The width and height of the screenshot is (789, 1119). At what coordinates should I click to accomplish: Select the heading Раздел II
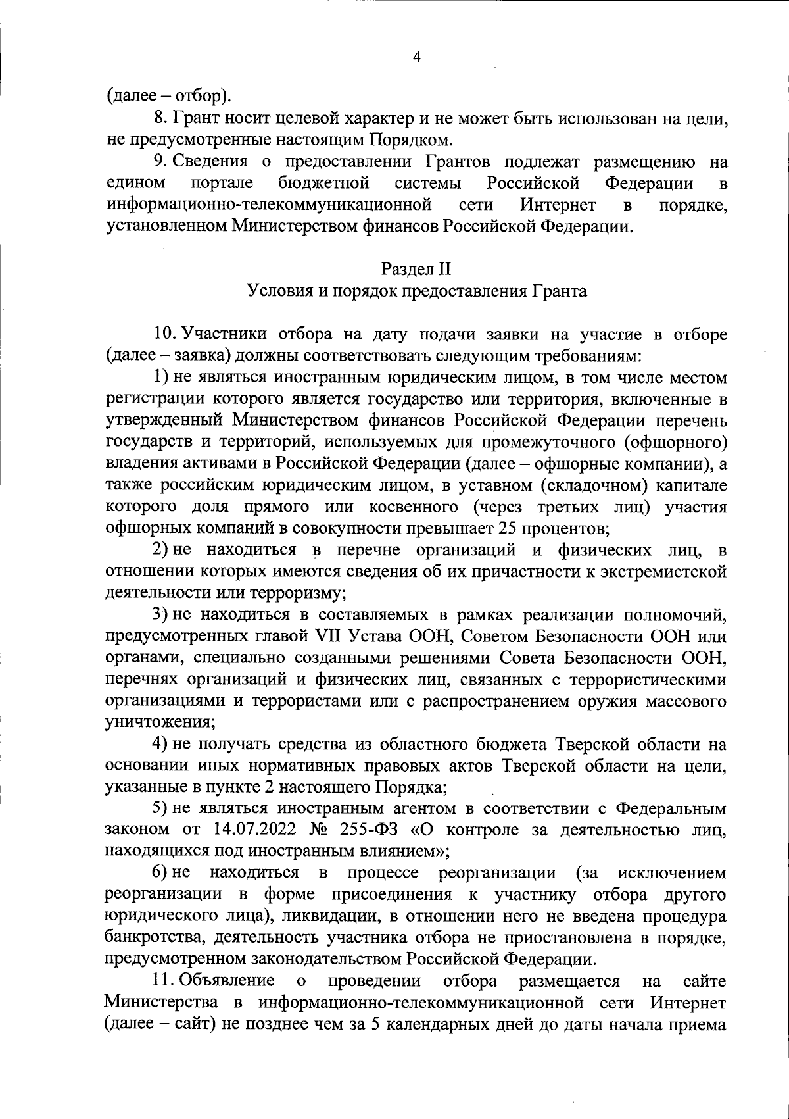coord(416,269)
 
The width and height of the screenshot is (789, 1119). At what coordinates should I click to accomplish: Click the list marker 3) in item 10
coord(162,615)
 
